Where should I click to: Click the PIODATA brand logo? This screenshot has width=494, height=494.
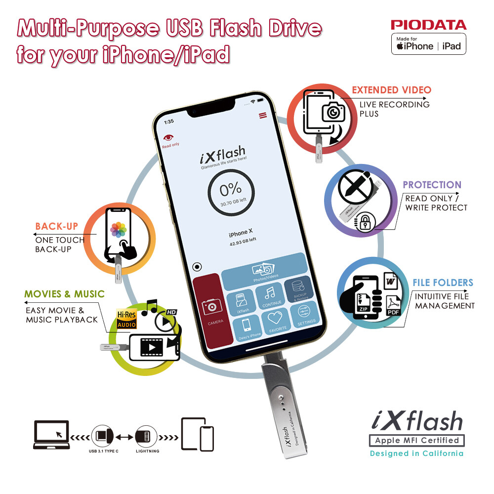428,25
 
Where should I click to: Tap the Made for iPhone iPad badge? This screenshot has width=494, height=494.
428,44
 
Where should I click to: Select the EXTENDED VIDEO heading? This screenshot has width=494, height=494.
391,90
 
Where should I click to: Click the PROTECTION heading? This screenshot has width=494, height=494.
432,185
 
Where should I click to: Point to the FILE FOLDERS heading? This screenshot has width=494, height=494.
443,283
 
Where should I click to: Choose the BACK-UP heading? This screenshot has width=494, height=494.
56,226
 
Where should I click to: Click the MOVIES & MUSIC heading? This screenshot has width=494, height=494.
64,294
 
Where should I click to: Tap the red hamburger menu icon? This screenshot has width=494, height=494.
262,115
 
